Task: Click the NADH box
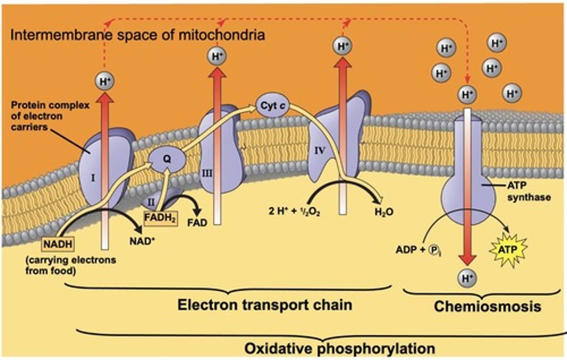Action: pyautogui.click(x=58, y=244)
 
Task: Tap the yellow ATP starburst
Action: pyautogui.click(x=508, y=249)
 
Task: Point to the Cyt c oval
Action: pyautogui.click(x=273, y=106)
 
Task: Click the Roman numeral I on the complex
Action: pyautogui.click(x=93, y=178)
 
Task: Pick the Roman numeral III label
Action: pyautogui.click(x=207, y=173)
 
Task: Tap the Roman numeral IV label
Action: pyautogui.click(x=319, y=150)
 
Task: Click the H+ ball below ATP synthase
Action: pyautogui.click(x=467, y=279)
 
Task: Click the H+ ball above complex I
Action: pyautogui.click(x=105, y=81)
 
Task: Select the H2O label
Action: pyautogui.click(x=384, y=212)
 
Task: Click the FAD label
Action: pyautogui.click(x=197, y=223)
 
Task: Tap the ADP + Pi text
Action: pyautogui.click(x=418, y=250)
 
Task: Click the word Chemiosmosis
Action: pyautogui.click(x=487, y=306)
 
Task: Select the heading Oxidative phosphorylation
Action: pyautogui.click(x=339, y=349)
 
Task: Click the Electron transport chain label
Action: pyautogui.click(x=265, y=305)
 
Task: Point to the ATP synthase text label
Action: pyautogui.click(x=528, y=191)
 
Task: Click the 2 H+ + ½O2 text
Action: pyautogui.click(x=294, y=211)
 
